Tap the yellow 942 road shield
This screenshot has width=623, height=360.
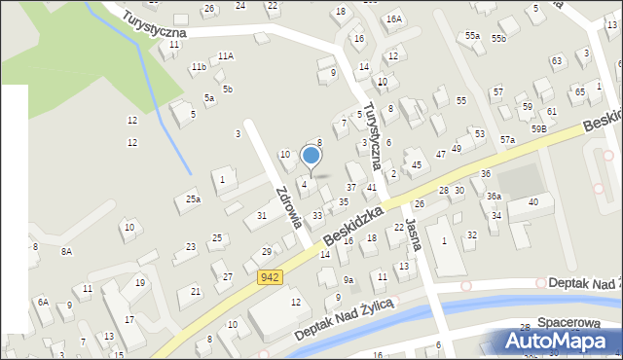(x=271, y=278)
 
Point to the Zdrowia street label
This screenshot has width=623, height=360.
(x=286, y=205)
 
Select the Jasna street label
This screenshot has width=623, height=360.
(x=413, y=234)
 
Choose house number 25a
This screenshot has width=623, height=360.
(x=193, y=199)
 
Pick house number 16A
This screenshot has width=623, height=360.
(x=393, y=18)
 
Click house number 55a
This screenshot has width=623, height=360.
(x=472, y=35)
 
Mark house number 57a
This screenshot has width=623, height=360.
(x=507, y=140)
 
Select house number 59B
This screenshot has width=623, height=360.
(x=538, y=128)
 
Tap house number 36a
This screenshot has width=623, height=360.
(x=494, y=197)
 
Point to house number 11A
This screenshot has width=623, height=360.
(x=226, y=55)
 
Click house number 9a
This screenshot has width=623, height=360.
(x=348, y=280)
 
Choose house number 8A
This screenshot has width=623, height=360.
(x=66, y=251)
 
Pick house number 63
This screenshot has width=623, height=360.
(x=556, y=60)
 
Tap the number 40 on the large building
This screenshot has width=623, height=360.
(x=532, y=201)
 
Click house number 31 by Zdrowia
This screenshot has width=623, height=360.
(x=261, y=215)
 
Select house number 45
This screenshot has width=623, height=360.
(x=416, y=165)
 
